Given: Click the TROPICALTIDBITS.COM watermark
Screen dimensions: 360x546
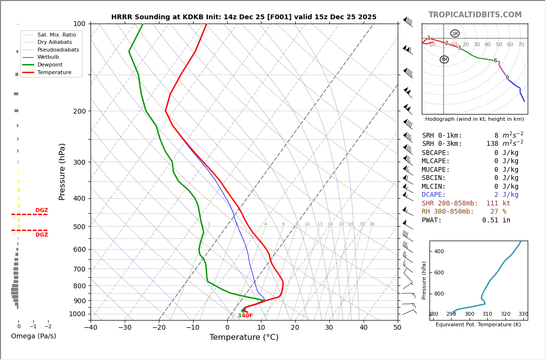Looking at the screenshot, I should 475,15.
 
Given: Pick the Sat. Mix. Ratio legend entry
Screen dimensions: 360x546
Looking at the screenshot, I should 56,35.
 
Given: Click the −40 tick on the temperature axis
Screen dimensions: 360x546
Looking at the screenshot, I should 91,328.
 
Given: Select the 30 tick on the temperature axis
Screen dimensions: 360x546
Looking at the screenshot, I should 329,328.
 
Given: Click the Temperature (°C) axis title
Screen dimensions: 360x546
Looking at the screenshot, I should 244,337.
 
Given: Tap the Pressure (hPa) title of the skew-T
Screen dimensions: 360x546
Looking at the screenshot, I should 63,171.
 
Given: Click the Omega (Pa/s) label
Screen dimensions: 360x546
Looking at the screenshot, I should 33,336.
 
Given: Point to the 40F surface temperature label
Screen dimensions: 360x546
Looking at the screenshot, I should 247,316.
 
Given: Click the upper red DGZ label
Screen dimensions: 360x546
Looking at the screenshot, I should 42,210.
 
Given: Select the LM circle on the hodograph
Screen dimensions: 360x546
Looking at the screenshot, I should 455,34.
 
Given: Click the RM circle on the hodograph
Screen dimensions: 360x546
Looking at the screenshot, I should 444,60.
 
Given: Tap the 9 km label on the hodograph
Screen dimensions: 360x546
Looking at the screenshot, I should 507,77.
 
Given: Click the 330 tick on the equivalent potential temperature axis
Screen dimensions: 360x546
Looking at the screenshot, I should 523,314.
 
